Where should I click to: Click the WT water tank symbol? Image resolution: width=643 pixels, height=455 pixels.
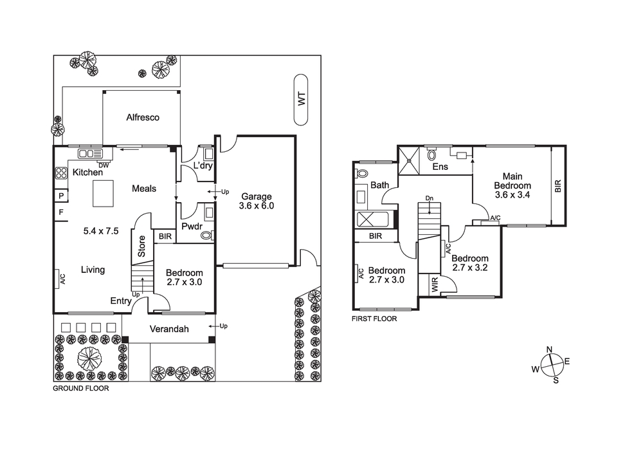pos(301,100)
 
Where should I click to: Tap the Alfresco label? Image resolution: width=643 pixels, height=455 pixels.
pos(143,117)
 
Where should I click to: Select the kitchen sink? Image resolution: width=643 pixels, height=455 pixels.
pos(90,154)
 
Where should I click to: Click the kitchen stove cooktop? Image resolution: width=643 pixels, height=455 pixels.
pos(61,174)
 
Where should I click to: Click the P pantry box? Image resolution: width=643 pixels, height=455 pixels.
pos(61,196)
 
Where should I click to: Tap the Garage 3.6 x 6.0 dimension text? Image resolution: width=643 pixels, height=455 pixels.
pos(257,201)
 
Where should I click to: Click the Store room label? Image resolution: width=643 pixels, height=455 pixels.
pos(141,246)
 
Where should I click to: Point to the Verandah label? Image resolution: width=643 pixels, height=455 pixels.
pos(169,329)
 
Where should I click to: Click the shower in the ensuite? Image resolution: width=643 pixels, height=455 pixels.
pos(409,160)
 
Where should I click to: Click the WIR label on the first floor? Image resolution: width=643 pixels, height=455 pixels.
pos(435,284)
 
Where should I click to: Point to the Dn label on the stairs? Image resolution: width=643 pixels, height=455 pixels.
pos(429,199)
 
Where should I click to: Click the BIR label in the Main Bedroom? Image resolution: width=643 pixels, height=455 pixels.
pos(557,186)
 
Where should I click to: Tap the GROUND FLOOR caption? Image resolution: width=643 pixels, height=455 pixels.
pos(81,389)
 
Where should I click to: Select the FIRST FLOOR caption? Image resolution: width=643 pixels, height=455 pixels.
pos(374,319)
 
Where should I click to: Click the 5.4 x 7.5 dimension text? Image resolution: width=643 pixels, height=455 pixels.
pos(101,231)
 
